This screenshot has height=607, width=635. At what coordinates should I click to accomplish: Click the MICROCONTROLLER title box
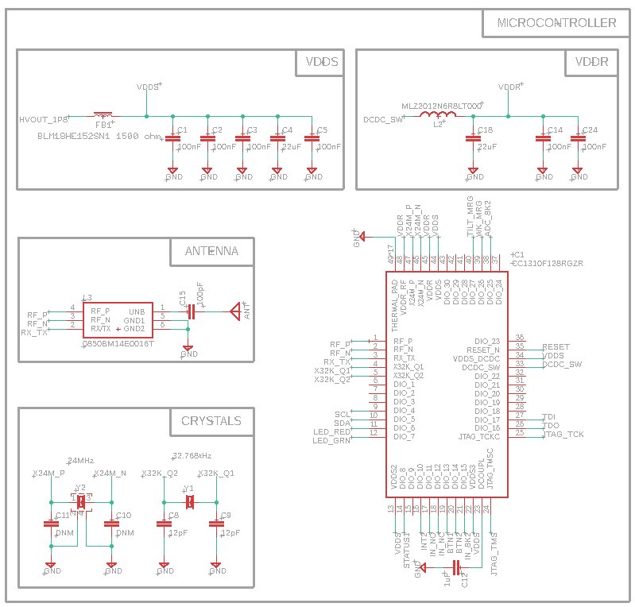pos(556,23)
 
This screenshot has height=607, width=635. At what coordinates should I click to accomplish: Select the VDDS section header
pos(321,63)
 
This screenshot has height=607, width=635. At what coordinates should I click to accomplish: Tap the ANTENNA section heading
pos(211,251)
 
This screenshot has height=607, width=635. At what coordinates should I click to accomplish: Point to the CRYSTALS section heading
pos(211,421)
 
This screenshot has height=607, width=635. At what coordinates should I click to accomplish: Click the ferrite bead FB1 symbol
pos(103,116)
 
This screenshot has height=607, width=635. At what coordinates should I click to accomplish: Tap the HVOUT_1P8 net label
pos(44,120)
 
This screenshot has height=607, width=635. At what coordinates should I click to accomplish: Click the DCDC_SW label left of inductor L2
pos(383,120)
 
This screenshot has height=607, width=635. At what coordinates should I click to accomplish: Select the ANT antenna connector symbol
pos(236,311)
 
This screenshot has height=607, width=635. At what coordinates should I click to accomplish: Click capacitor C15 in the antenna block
pos(190,311)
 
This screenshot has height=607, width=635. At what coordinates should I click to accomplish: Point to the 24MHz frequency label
pos(81,461)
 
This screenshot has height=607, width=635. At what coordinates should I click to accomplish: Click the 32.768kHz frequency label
pos(192,456)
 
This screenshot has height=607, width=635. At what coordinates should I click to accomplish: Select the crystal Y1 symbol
pos(190,502)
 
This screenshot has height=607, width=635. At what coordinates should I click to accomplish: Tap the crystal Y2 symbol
pos(81,502)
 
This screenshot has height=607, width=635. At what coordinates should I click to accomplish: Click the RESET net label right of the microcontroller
pos(556,347)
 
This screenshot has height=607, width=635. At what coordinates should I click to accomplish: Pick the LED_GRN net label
pos(331,441)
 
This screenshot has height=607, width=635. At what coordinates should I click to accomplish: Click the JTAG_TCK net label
pos(563,435)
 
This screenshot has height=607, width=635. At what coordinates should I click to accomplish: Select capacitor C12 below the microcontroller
pos(456,566)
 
